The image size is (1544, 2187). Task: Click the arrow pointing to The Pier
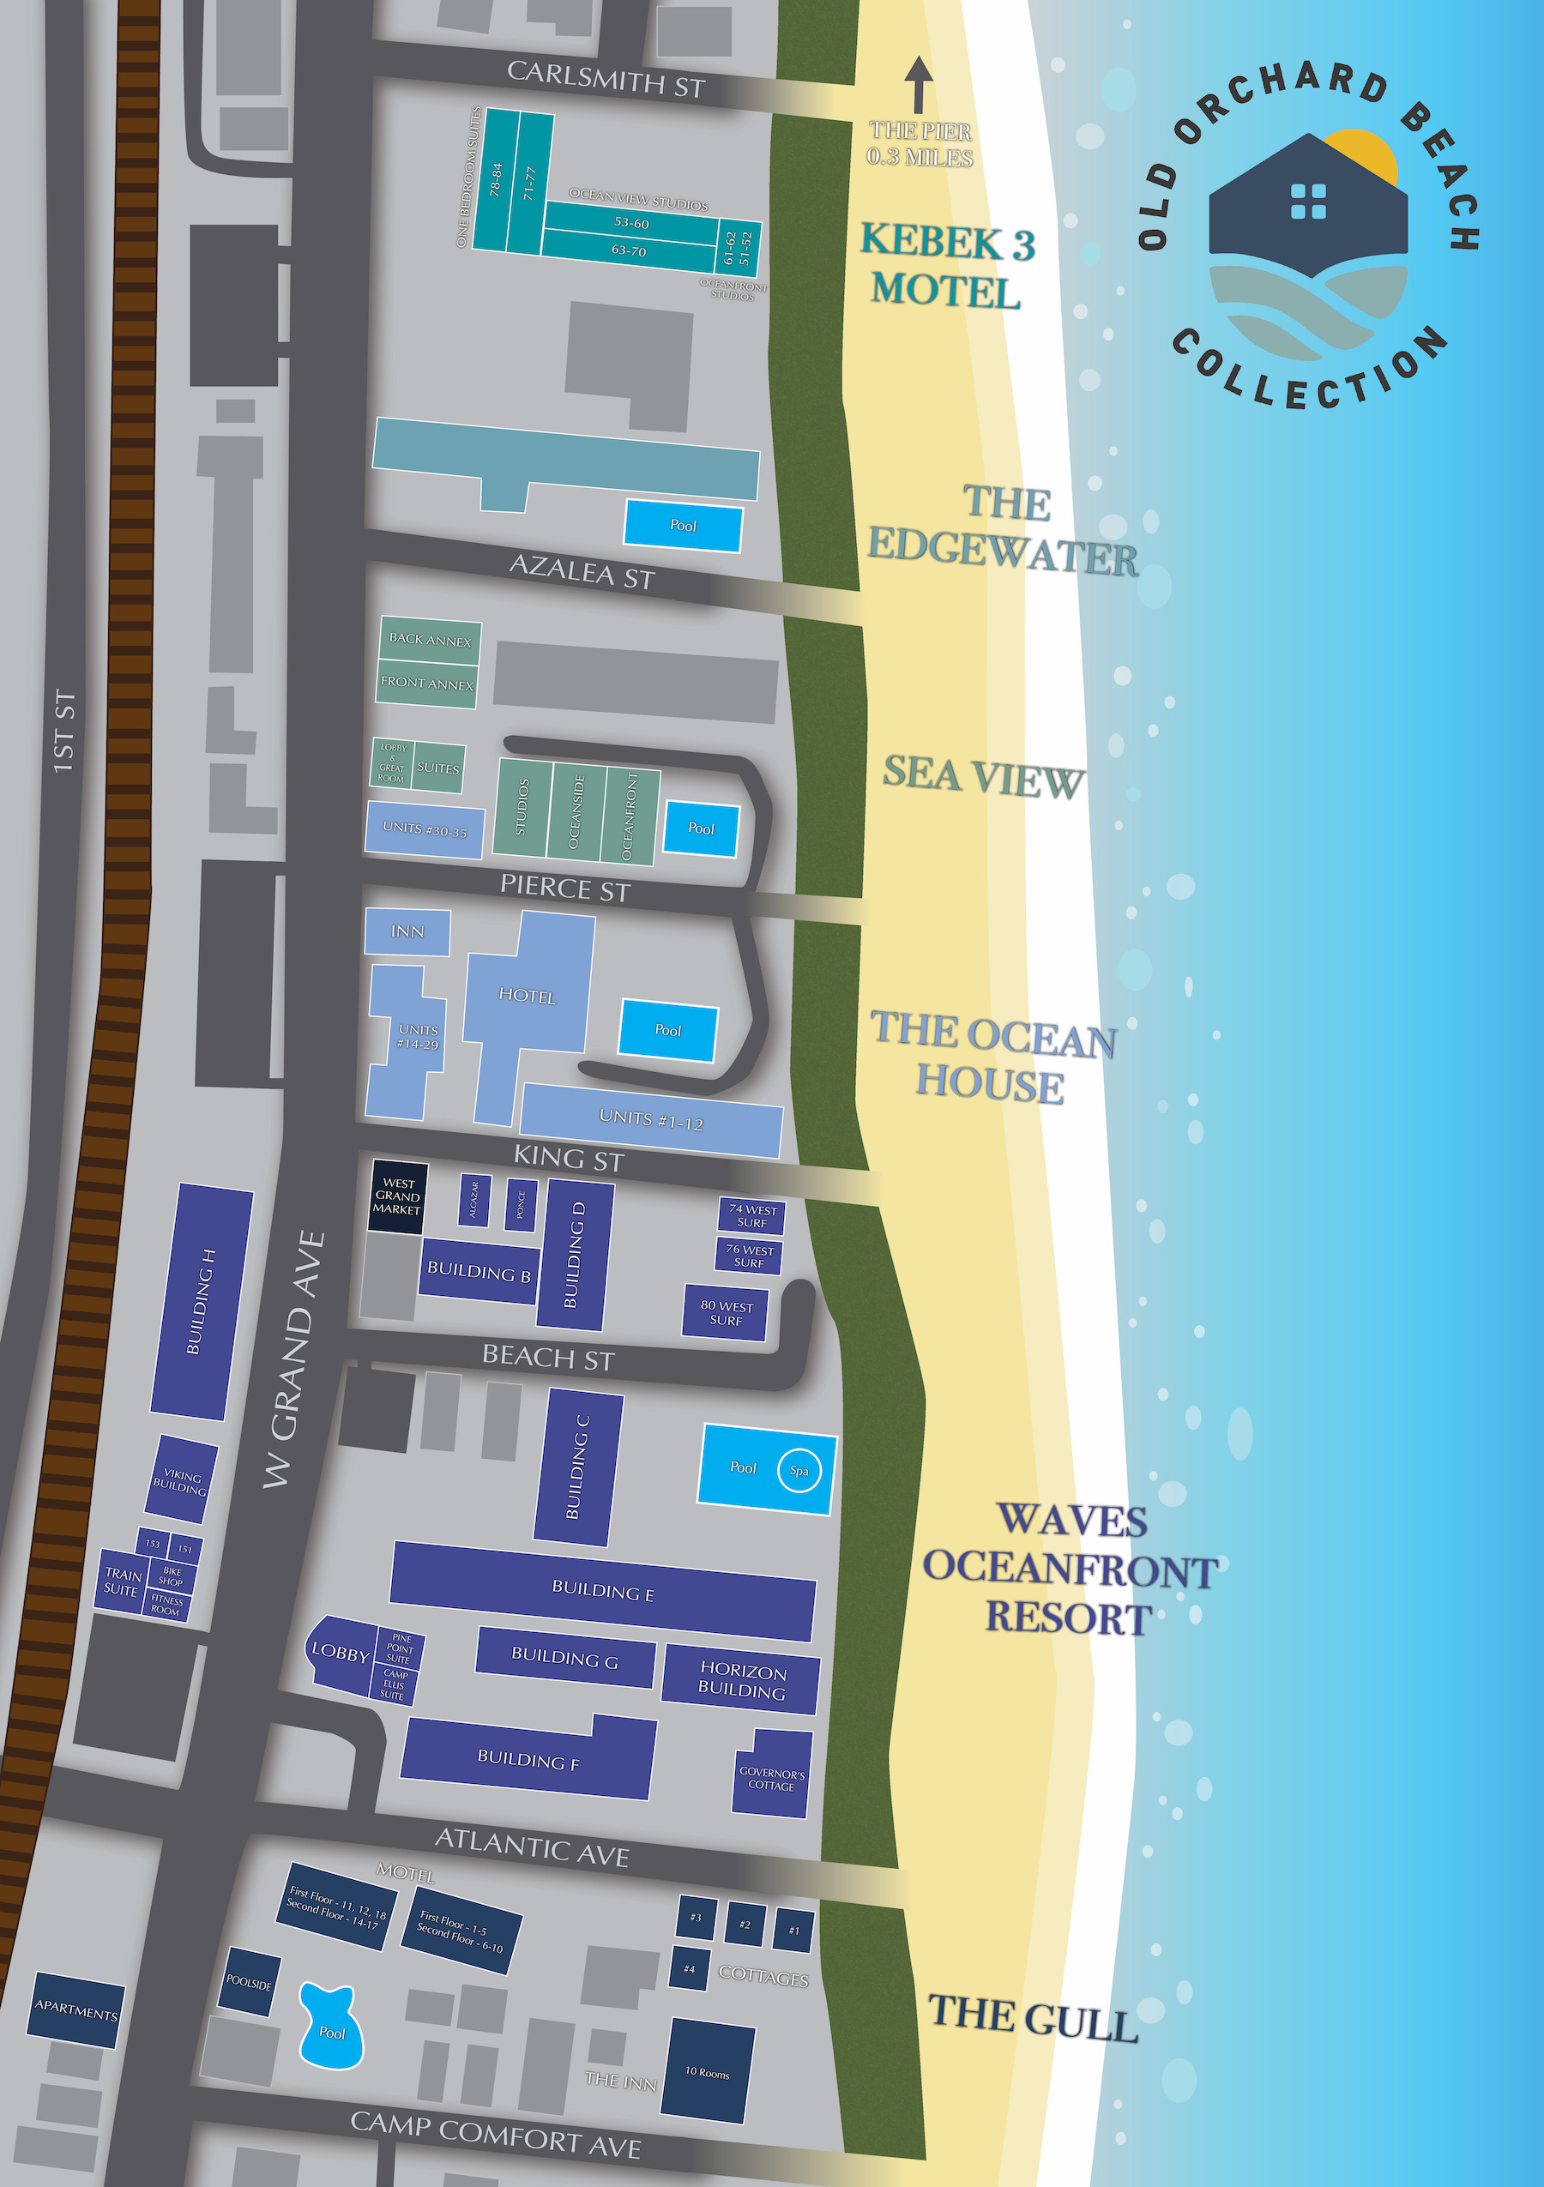click(918, 85)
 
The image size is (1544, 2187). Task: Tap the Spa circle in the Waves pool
click(799, 1471)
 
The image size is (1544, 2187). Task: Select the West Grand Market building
click(397, 1196)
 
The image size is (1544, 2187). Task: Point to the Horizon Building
click(741, 1681)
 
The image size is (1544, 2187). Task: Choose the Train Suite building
click(121, 1582)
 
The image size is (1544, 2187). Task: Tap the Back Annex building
click(430, 640)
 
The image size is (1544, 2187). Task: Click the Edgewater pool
click(683, 526)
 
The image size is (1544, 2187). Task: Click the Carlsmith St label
click(606, 78)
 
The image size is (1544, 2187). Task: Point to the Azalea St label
click(582, 570)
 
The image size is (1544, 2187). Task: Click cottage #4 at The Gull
click(689, 1969)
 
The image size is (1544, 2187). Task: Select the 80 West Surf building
click(726, 1312)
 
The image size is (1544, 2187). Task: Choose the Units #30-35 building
click(425, 829)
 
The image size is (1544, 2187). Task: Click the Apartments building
click(76, 2009)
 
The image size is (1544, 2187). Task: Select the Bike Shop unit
click(172, 1576)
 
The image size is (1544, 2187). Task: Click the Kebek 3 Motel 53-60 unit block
click(630, 223)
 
